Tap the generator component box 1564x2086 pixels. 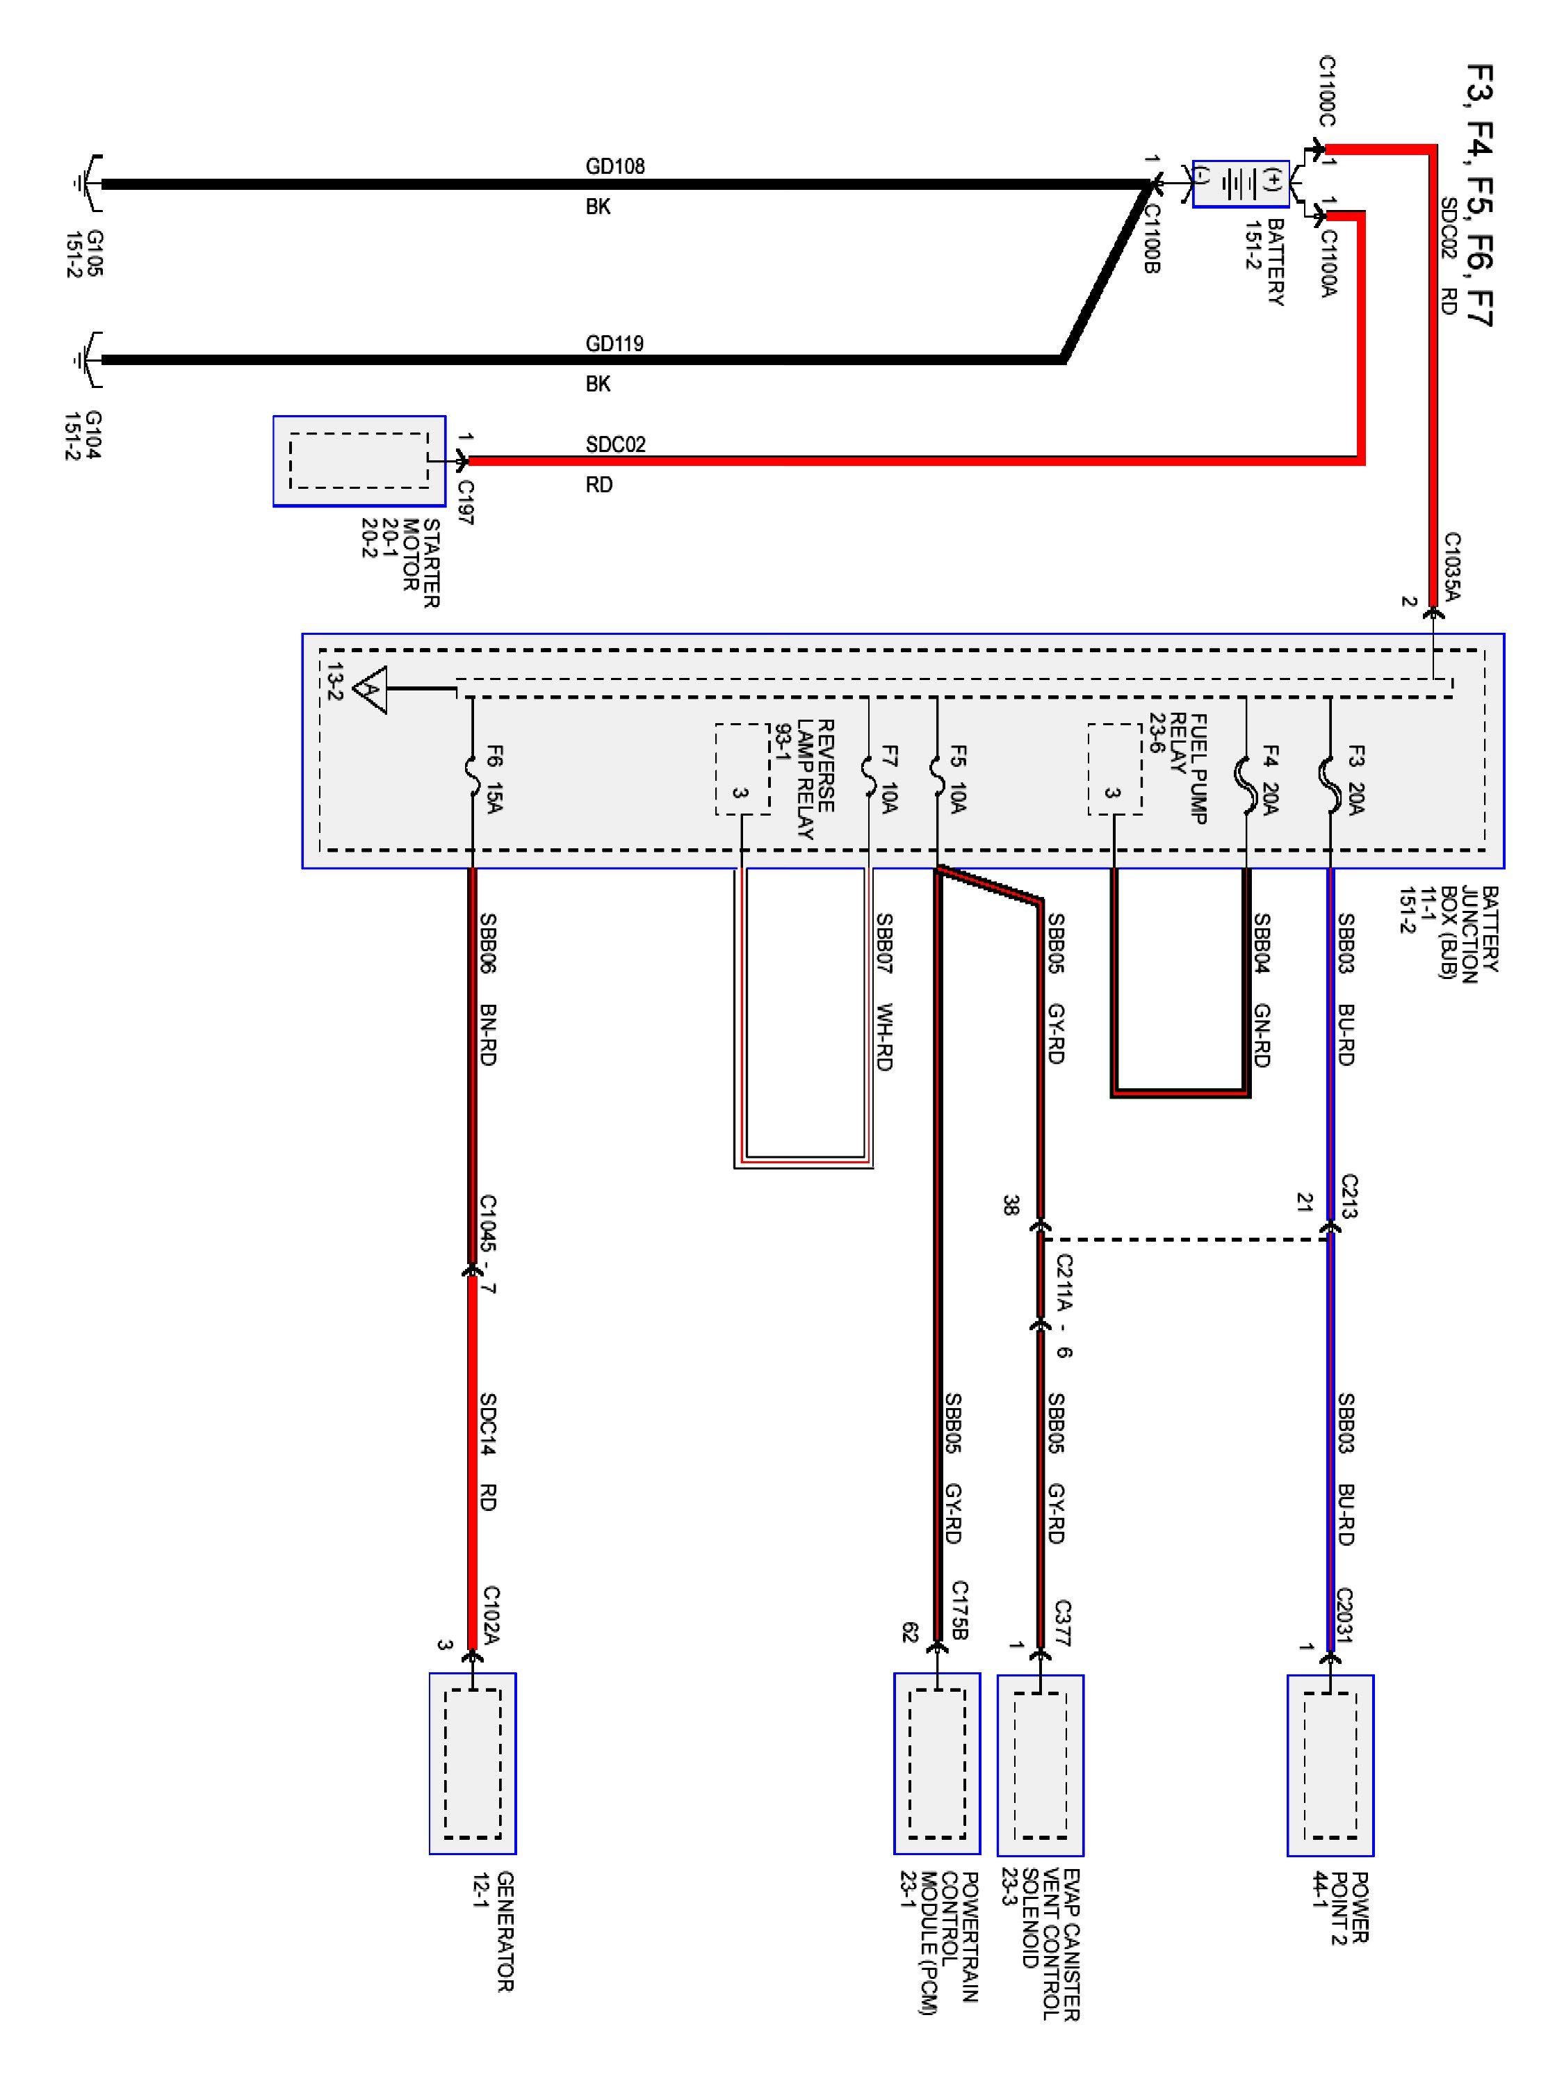pyautogui.click(x=472, y=1763)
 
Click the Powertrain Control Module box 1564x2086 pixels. pyautogui.click(x=936, y=1763)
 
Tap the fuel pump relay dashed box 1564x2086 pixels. pyautogui.click(x=1114, y=768)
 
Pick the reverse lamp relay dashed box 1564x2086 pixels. pyautogui.click(x=742, y=768)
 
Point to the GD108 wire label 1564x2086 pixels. pyautogui.click(x=614, y=166)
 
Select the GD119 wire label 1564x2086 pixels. pyautogui.click(x=614, y=343)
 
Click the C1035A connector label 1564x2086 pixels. pyautogui.click(x=1453, y=567)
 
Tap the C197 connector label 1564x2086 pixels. pyautogui.click(x=466, y=503)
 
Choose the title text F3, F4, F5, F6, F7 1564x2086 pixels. pyautogui.click(x=1480, y=195)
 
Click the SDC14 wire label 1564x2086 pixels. pyautogui.click(x=487, y=1425)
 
